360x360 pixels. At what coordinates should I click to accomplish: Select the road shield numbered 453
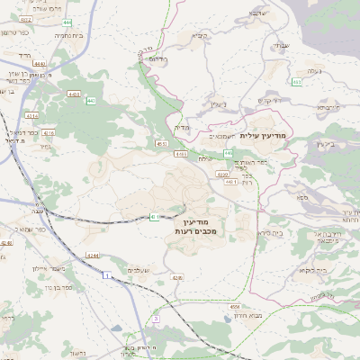(297, 82)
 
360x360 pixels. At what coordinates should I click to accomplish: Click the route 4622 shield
(25, 19)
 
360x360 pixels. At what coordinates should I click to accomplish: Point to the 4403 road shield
(74, 93)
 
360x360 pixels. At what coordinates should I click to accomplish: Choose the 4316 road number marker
(49, 133)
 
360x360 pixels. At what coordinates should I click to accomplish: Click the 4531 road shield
(162, 143)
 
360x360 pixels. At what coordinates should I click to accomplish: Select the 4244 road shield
(93, 256)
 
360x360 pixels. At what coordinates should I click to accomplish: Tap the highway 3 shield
(156, 319)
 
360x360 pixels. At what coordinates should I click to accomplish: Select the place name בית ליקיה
(311, 269)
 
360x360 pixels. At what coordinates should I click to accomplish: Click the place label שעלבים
(138, 271)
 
